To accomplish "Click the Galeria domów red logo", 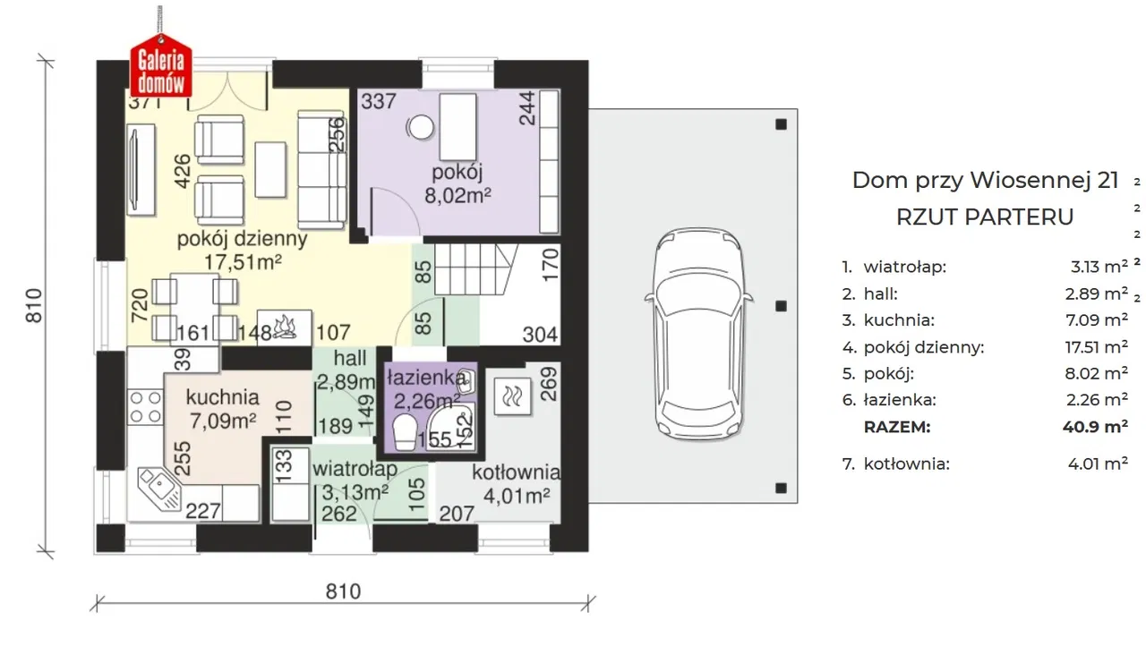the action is [160, 65].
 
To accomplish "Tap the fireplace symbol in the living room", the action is [285, 327].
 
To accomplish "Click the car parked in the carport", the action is [699, 335].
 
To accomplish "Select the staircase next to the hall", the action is [475, 269].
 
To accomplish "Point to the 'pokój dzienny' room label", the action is [242, 239].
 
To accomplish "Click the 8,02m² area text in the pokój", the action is [458, 195].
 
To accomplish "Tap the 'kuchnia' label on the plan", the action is [223, 397].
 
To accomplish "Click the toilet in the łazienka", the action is [406, 432].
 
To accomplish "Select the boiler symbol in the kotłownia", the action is [512, 396].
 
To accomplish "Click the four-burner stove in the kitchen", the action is [145, 406].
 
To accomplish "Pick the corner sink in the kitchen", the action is [159, 489].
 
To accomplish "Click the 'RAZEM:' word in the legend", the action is [897, 427].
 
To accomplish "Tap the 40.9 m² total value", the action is [1095, 427].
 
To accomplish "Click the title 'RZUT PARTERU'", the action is [985, 217].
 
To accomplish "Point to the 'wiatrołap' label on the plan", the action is [355, 470].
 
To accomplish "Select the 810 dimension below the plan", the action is [343, 591].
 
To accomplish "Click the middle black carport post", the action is [781, 306].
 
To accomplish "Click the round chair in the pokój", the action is [421, 127].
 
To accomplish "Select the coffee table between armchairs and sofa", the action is [270, 170].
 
